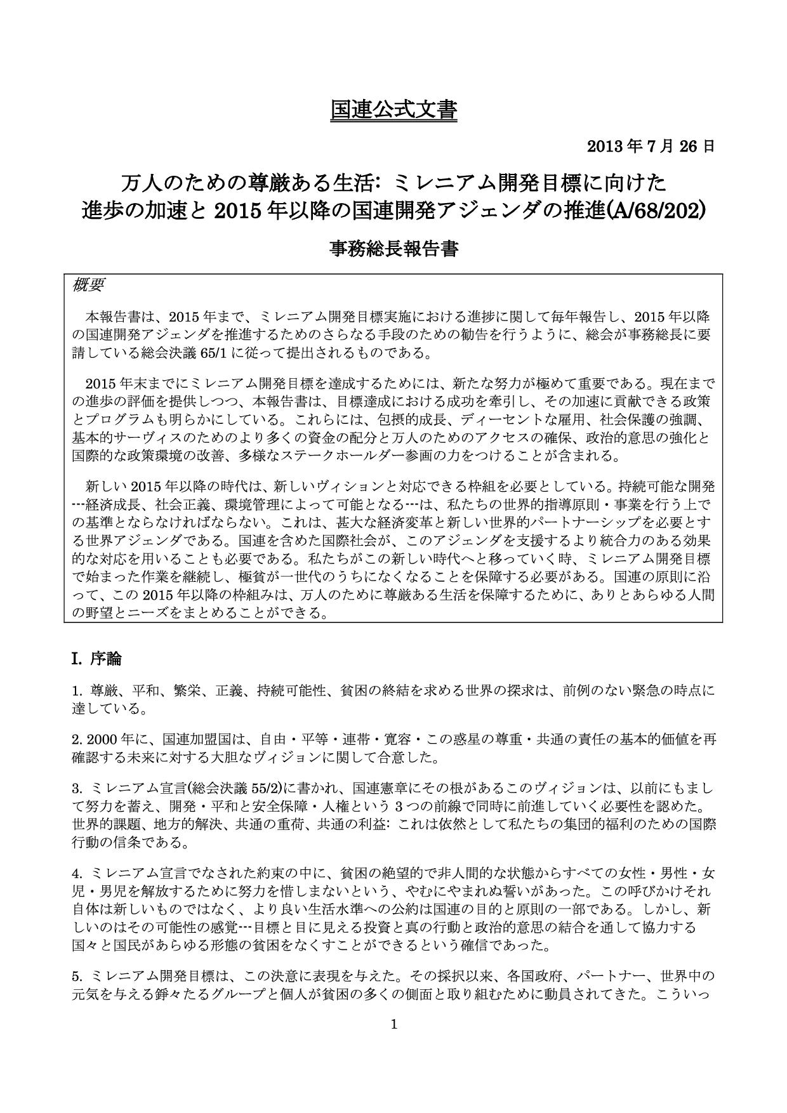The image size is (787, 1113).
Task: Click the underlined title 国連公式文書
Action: tap(393, 109)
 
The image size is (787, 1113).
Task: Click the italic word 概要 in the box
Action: tap(88, 285)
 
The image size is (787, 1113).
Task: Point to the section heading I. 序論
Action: tap(96, 659)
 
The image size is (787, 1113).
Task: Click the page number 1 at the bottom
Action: tap(394, 1024)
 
